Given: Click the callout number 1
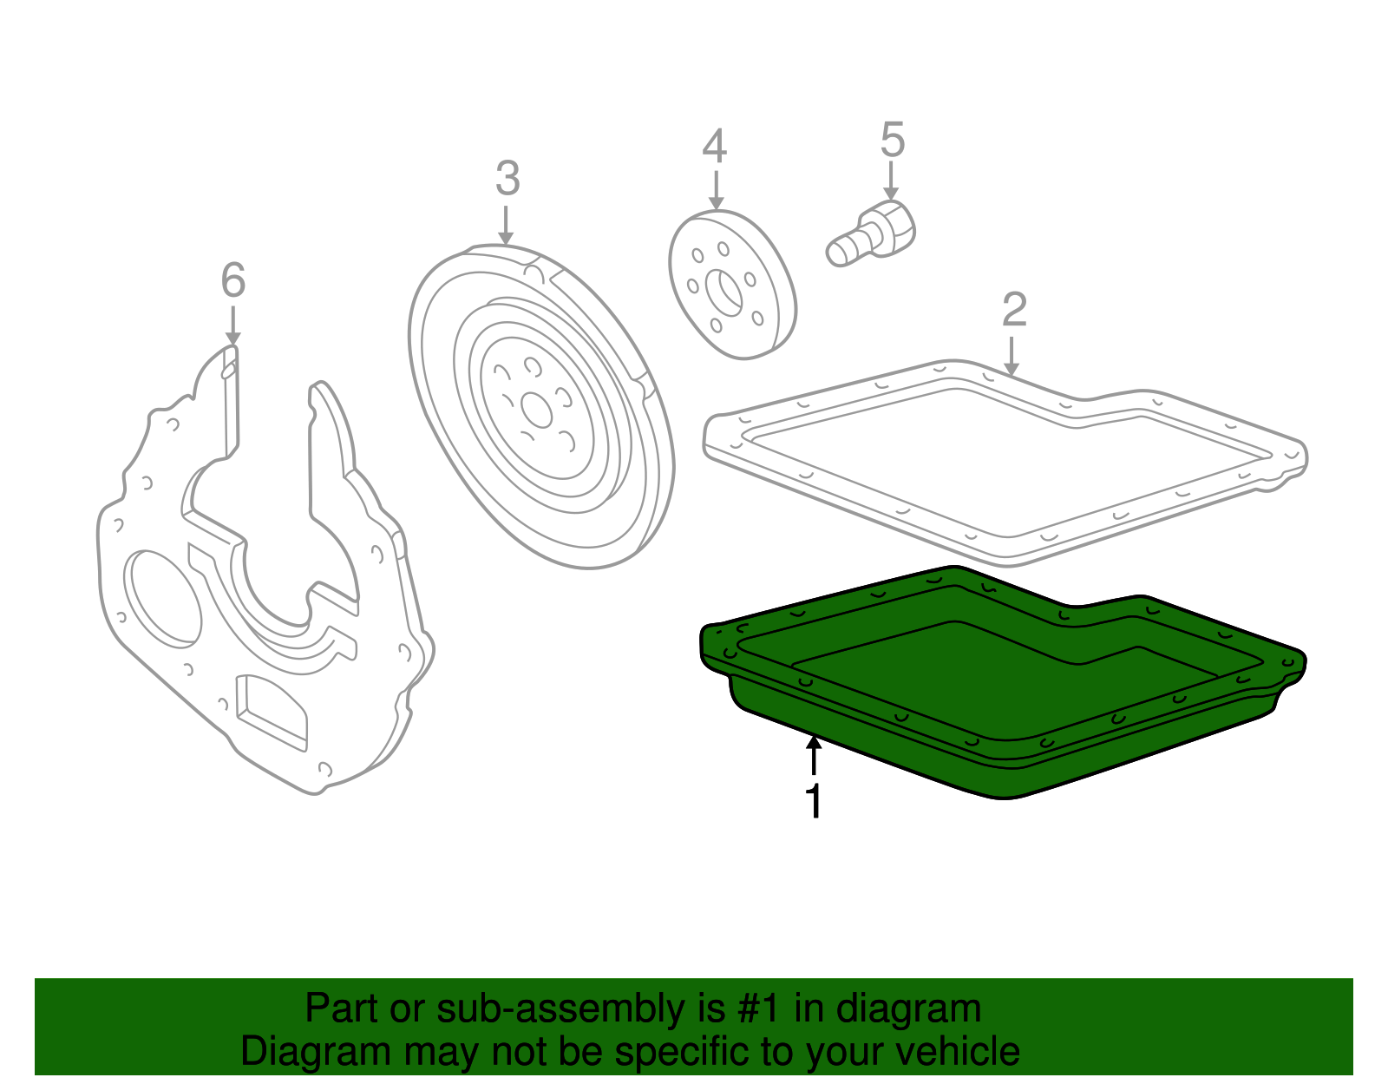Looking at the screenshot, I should [814, 800].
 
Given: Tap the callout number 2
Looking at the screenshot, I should [1014, 310].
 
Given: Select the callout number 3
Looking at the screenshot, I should [507, 179].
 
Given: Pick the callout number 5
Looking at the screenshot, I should [893, 139].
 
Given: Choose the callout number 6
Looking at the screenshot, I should [233, 280].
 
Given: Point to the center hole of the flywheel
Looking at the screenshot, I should [536, 409].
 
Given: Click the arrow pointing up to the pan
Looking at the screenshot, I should [814, 755].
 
